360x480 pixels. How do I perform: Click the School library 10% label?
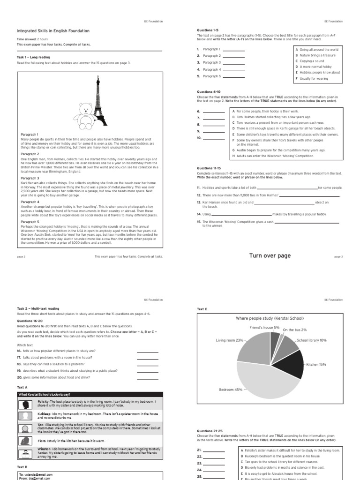pos(312,340)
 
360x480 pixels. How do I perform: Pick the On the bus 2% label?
pos(295,330)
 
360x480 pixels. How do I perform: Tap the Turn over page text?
pos(270,255)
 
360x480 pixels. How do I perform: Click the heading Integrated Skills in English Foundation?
pos(53,31)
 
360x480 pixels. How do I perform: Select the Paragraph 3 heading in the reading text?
pos(30,178)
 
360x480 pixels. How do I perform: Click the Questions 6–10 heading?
pos(209,92)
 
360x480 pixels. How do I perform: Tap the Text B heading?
pos(22,467)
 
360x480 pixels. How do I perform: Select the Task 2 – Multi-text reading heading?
pos(38,308)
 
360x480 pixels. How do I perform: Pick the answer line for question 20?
pos(147,377)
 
